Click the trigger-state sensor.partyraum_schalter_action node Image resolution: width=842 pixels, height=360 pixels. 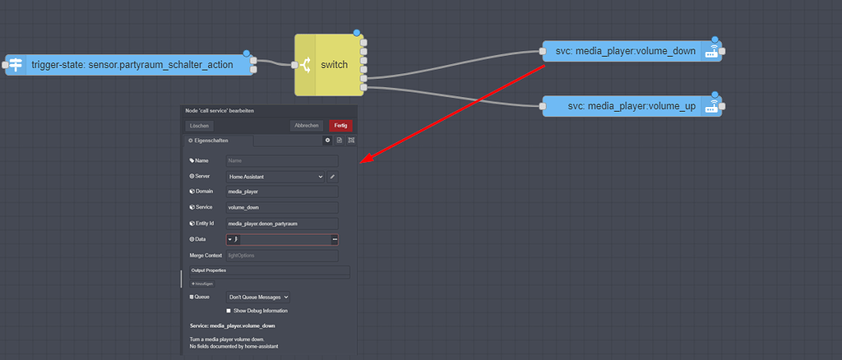(x=132, y=64)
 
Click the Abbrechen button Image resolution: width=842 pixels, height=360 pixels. (x=307, y=126)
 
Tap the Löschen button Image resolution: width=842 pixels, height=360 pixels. (x=200, y=126)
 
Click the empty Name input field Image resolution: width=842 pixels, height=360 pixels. (x=282, y=161)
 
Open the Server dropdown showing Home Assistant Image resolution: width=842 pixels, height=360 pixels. (x=275, y=177)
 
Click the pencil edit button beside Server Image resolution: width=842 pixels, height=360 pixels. (x=333, y=177)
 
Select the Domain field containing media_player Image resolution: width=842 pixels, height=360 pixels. (x=282, y=192)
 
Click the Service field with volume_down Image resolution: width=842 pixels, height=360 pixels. (x=282, y=207)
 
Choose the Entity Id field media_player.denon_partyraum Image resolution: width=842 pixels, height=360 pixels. (x=282, y=224)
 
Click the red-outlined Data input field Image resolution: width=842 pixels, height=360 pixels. (x=282, y=239)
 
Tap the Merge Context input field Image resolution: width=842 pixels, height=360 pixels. (x=282, y=256)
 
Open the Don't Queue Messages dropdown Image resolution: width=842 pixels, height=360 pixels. (x=258, y=297)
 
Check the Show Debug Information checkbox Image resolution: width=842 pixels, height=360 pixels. (x=229, y=311)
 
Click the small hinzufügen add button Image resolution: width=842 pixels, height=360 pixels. (x=202, y=284)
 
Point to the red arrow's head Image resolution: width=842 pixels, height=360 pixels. (x=364, y=161)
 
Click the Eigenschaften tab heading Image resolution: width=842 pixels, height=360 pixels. (x=210, y=141)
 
